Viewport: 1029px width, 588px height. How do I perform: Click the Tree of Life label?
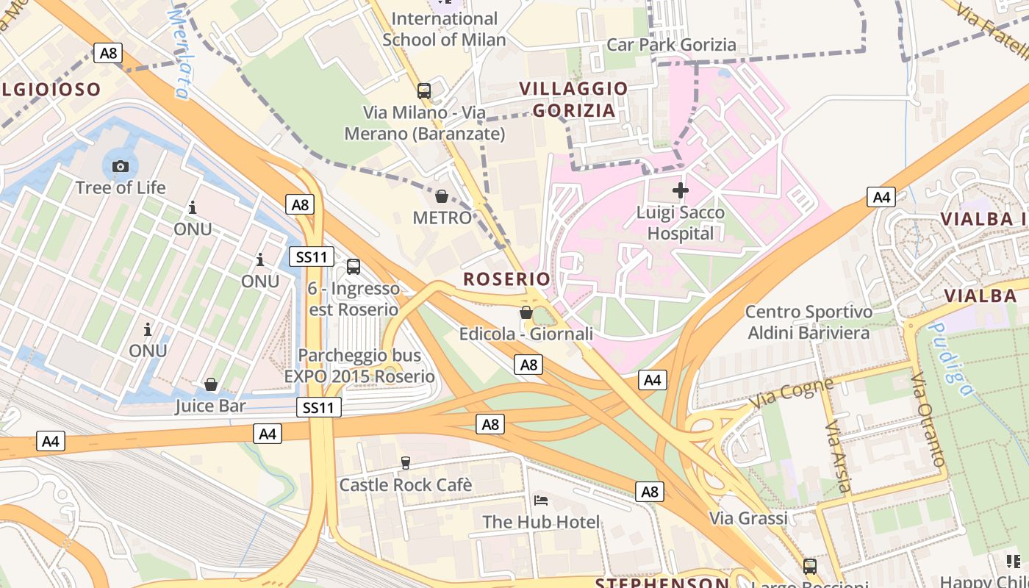click(x=121, y=187)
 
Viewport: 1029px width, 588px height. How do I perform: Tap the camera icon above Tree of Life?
click(x=121, y=166)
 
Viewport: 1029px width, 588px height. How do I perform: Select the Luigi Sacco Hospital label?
click(x=681, y=223)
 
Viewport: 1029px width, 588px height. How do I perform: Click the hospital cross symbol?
click(x=681, y=190)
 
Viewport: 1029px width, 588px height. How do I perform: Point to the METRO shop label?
click(x=442, y=218)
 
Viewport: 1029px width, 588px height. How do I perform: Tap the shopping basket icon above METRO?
click(x=442, y=196)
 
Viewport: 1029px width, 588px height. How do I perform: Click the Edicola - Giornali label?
click(x=526, y=334)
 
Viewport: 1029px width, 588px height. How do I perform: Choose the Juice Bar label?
click(x=210, y=406)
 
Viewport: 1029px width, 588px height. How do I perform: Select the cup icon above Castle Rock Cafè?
click(x=405, y=463)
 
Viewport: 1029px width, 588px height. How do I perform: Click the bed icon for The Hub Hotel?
click(x=541, y=501)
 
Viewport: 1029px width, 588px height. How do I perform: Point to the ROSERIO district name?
click(x=506, y=279)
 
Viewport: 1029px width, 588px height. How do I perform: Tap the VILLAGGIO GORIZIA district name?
click(x=574, y=100)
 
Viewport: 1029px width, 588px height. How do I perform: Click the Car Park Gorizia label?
click(x=671, y=45)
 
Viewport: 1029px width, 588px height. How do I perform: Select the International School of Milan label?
click(x=444, y=29)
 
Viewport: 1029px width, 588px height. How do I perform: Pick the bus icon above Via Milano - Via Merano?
click(x=424, y=91)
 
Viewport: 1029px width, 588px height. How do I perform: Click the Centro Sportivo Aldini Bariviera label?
click(x=808, y=322)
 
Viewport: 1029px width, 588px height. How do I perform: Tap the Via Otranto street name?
click(x=928, y=419)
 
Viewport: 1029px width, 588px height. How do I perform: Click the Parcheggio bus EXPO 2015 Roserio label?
click(x=359, y=366)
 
